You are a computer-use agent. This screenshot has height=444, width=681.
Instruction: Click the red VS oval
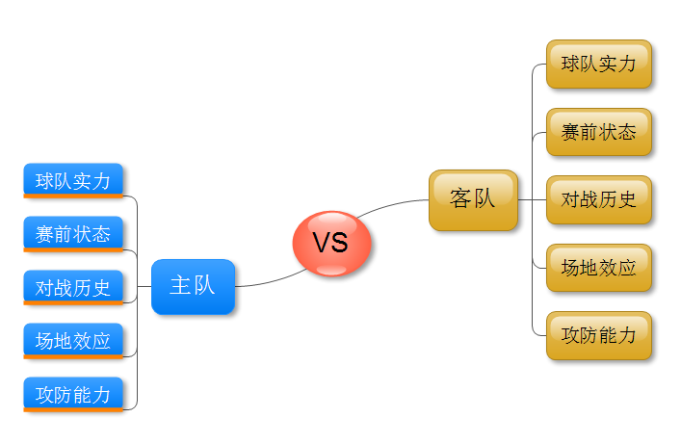(331, 244)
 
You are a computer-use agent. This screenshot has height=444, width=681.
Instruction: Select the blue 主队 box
(193, 286)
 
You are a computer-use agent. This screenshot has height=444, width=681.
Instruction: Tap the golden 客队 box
(473, 199)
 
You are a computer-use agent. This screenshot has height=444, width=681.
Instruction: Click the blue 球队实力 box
(73, 180)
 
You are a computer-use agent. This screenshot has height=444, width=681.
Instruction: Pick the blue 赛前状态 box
(73, 233)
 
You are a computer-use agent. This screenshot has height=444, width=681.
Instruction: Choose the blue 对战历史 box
(73, 287)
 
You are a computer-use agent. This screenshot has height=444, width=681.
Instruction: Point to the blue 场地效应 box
(73, 340)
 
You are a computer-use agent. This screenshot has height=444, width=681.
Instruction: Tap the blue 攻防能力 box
(73, 393)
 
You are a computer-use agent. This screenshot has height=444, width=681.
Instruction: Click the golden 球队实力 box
(599, 65)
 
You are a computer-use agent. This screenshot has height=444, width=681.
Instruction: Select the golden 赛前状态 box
(599, 132)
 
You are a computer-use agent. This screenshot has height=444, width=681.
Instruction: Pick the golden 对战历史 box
(599, 200)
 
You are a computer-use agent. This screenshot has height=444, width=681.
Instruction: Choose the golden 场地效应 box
(599, 268)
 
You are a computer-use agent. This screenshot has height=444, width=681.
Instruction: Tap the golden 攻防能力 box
(599, 336)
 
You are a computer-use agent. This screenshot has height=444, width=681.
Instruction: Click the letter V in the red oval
(321, 244)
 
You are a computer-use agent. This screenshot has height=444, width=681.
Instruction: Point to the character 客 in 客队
(460, 199)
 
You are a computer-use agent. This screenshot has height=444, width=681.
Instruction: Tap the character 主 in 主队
(180, 286)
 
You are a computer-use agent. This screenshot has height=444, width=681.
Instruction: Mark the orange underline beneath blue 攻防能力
(73, 409)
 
